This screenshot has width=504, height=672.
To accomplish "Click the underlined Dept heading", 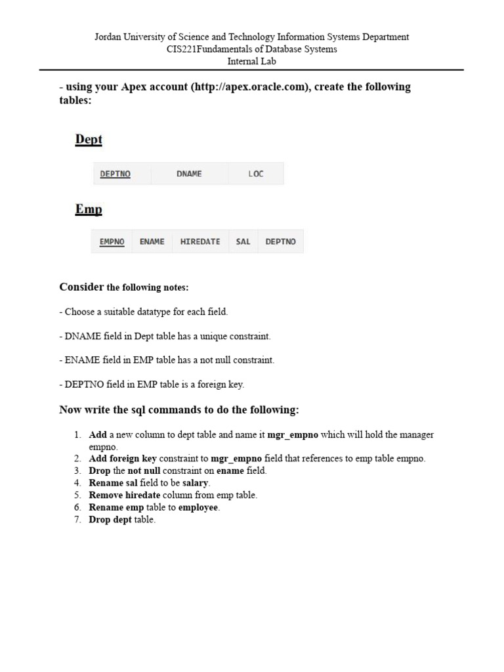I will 89,140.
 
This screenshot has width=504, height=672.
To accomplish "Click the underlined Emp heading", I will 89,209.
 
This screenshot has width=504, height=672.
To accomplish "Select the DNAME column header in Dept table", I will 189,174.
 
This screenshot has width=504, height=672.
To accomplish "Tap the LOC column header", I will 256,174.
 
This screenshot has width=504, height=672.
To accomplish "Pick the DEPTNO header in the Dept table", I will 115,174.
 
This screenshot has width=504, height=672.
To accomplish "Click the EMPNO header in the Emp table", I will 112,241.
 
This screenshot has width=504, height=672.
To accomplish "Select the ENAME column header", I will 152,241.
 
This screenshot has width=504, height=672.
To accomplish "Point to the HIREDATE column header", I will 200,241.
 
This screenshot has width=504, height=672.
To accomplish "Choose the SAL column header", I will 243,241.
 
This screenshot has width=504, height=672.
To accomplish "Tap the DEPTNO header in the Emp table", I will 280,241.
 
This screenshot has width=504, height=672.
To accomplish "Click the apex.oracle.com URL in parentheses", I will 249,87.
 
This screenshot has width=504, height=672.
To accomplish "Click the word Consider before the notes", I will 81,287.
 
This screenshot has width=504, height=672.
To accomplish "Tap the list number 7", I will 77,520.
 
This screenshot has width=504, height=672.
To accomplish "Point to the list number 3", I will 77,471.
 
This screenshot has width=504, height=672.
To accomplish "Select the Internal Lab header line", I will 251,61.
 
